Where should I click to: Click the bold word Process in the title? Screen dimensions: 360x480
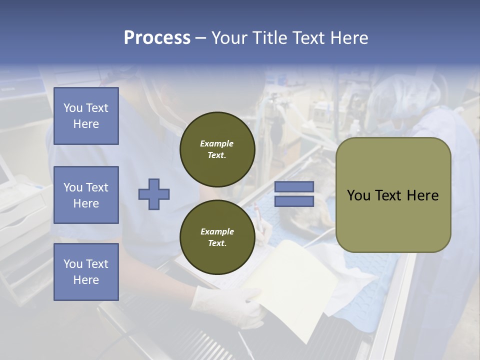pyautogui.click(x=157, y=38)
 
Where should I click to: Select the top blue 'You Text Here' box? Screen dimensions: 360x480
pyautogui.click(x=86, y=116)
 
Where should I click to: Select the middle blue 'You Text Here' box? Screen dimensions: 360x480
pyautogui.click(x=86, y=195)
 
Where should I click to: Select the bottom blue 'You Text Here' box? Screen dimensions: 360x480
pyautogui.click(x=86, y=271)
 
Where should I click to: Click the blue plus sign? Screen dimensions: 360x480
pyautogui.click(x=154, y=194)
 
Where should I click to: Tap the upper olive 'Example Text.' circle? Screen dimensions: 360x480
pyautogui.click(x=217, y=149)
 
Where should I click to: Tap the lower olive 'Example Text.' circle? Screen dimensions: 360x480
pyautogui.click(x=217, y=237)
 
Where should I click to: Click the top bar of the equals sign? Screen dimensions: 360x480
pyautogui.click(x=294, y=187)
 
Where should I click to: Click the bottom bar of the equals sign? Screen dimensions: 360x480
pyautogui.click(x=294, y=201)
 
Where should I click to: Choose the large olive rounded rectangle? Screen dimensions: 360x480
pyautogui.click(x=393, y=195)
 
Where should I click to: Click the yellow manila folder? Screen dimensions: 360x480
pyautogui.click(x=295, y=280)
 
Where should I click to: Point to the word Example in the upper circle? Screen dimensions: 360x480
pyautogui.click(x=217, y=143)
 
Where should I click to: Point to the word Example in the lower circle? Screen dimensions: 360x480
pyautogui.click(x=217, y=231)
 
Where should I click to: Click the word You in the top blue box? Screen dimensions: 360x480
pyautogui.click(x=73, y=108)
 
